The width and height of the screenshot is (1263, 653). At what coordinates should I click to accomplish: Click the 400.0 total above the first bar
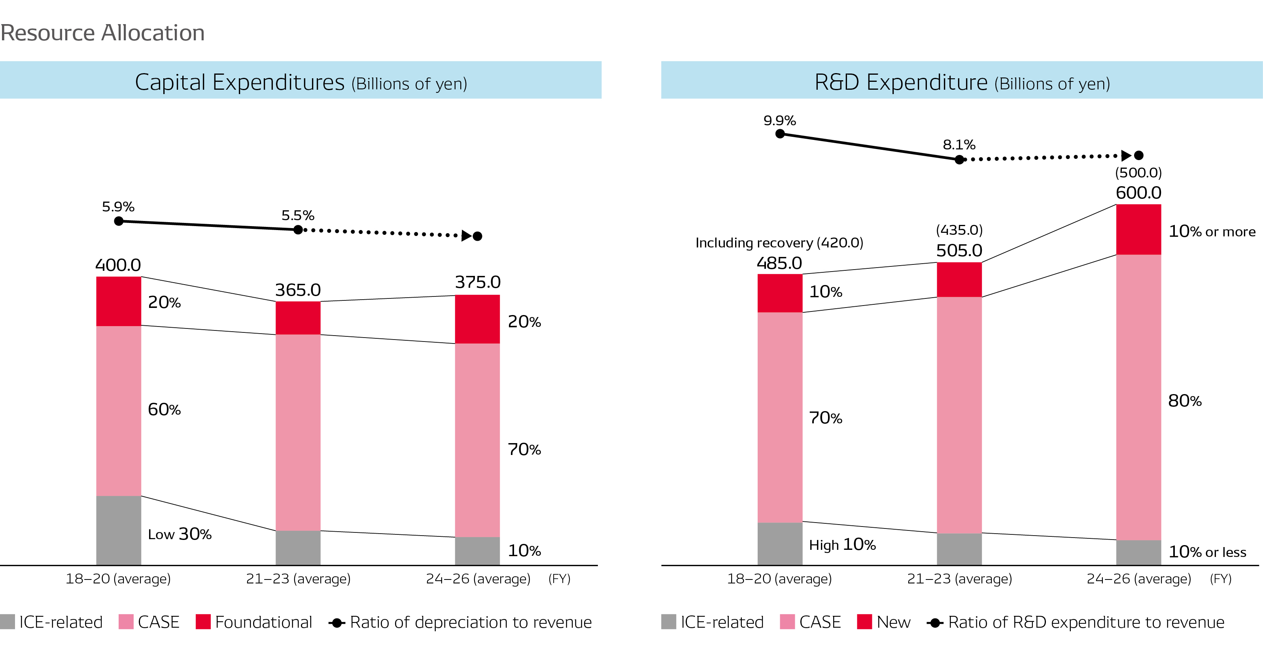[118, 265]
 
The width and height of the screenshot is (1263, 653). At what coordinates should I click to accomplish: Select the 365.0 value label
[298, 290]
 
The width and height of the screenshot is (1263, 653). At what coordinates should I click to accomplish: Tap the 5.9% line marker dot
[119, 221]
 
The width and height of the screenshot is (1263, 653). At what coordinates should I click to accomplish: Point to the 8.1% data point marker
[959, 159]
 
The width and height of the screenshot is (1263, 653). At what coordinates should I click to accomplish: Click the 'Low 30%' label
[180, 534]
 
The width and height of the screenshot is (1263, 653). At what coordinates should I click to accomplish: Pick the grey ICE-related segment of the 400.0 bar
[119, 530]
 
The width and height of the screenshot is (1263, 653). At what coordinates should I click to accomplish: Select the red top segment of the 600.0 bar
[1138, 229]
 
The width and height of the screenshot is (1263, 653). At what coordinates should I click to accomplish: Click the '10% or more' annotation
[1212, 231]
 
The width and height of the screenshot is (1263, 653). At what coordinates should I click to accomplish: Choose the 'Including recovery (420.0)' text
[779, 243]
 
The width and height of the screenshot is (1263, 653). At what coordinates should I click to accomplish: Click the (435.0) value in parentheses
[959, 230]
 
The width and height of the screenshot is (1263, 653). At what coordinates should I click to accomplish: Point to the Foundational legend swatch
[203, 622]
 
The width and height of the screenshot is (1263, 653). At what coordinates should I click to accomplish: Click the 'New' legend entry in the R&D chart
[893, 622]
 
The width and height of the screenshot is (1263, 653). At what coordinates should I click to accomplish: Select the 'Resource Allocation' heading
[102, 33]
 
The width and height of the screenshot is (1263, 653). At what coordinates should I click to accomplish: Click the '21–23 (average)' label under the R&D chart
[959, 579]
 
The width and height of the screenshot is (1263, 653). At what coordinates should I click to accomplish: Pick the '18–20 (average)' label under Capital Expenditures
[118, 579]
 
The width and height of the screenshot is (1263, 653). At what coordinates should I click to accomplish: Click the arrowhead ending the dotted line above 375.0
[466, 236]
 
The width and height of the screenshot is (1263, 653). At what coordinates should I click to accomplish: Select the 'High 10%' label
[842, 545]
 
